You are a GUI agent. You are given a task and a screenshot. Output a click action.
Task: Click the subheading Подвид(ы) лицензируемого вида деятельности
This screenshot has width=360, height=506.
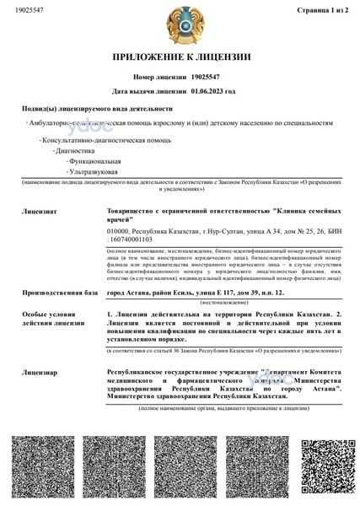[97, 109]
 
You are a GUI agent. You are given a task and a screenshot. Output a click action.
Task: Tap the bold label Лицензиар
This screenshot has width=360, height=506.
[40, 369]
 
